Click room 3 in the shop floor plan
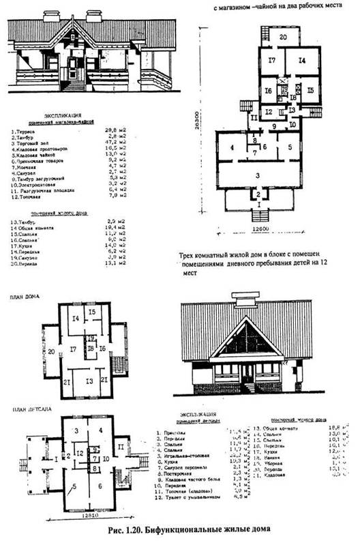tap(258, 175)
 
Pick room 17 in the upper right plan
tap(271, 61)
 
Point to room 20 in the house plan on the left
tap(50, 351)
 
